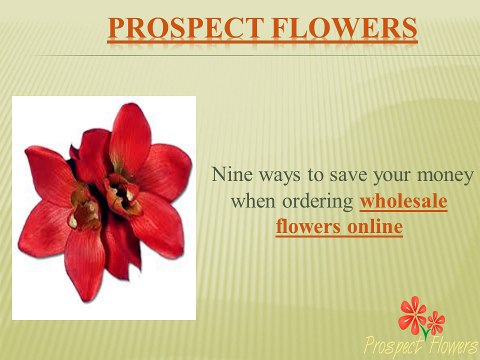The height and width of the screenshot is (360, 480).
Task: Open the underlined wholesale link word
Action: [x=403, y=201]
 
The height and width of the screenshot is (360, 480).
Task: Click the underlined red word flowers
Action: [x=304, y=227]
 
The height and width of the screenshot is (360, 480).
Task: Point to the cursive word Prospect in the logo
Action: [x=392, y=346]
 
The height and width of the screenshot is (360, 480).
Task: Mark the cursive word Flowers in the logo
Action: [x=449, y=345]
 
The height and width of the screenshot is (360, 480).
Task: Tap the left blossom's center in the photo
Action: [x=85, y=210]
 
